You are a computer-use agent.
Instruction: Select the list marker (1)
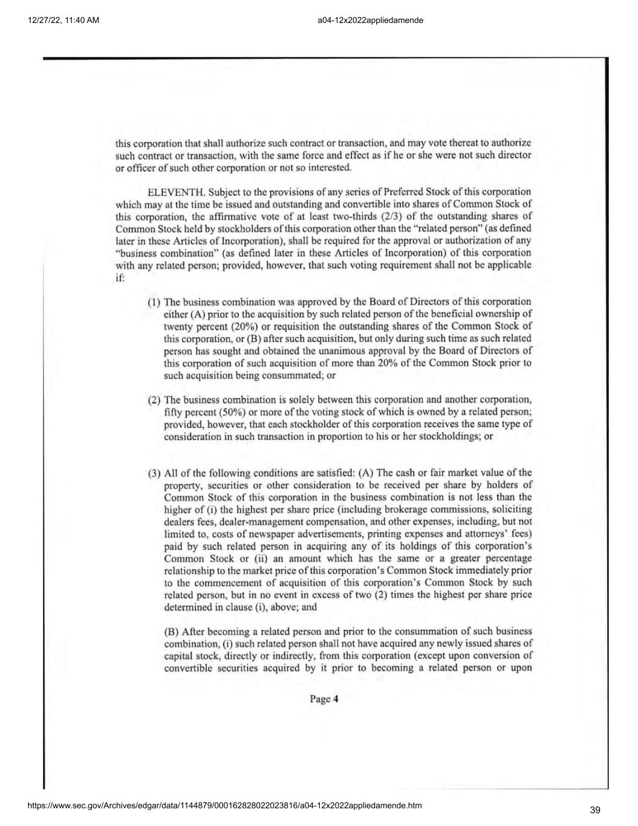click(x=155, y=301)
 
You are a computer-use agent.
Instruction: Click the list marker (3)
click(x=155, y=473)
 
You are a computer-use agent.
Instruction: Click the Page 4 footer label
click(x=324, y=699)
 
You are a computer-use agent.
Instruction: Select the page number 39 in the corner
click(x=595, y=810)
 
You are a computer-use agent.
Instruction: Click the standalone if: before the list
click(x=120, y=277)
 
